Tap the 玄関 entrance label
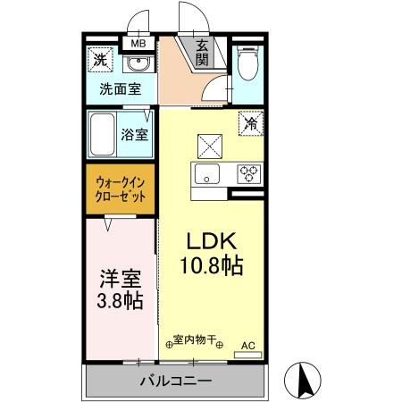click(x=203, y=53)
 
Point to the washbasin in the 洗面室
click(x=137, y=63)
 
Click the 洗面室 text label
click(x=119, y=88)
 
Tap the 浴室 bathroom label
click(x=135, y=135)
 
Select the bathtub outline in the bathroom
click(x=104, y=133)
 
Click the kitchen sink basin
click(x=209, y=173)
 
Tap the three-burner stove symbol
click(x=248, y=172)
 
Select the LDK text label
click(x=212, y=240)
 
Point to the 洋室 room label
click(x=119, y=276)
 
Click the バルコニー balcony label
click(x=175, y=381)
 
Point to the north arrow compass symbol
click(x=303, y=381)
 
